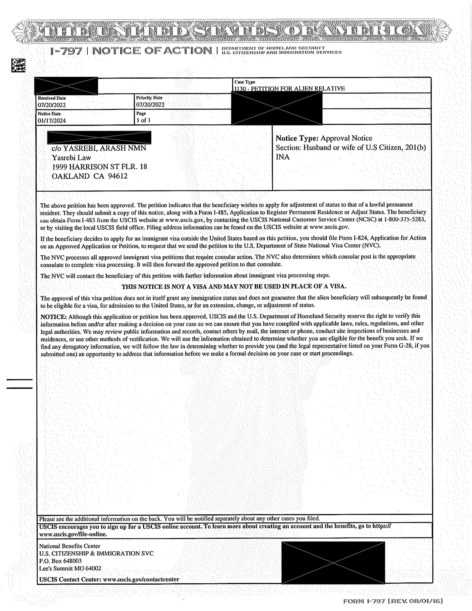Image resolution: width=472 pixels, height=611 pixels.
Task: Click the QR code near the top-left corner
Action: pyautogui.click(x=18, y=65)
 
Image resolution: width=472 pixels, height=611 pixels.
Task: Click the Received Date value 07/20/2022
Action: pyautogui.click(x=52, y=105)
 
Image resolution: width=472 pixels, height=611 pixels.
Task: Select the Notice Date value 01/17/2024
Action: pyautogui.click(x=52, y=121)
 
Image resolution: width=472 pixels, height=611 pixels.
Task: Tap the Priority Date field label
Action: pyautogui.click(x=149, y=98)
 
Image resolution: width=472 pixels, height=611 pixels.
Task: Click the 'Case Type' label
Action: pyautogui.click(x=245, y=82)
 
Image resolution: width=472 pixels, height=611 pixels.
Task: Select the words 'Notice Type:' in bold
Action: pyautogui.click(x=297, y=138)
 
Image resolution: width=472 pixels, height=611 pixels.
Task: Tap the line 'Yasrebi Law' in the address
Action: pyautogui.click(x=71, y=158)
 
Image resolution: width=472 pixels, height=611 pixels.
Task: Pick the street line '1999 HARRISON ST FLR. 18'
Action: pyautogui.click(x=99, y=167)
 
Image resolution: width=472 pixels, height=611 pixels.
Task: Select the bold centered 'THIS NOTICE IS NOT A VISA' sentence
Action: pyautogui.click(x=234, y=286)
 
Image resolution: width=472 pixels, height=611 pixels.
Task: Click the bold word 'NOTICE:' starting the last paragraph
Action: pyautogui.click(x=53, y=317)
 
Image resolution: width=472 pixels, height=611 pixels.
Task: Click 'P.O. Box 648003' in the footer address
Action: pyautogui.click(x=60, y=561)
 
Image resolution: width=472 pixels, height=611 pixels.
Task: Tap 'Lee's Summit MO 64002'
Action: pyautogui.click(x=70, y=569)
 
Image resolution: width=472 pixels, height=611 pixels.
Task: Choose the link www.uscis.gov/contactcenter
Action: pyautogui.click(x=141, y=579)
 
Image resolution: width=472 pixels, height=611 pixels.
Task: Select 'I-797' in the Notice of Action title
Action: pyautogui.click(x=66, y=51)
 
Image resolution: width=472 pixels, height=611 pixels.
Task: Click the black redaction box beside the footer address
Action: pyautogui.click(x=333, y=562)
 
